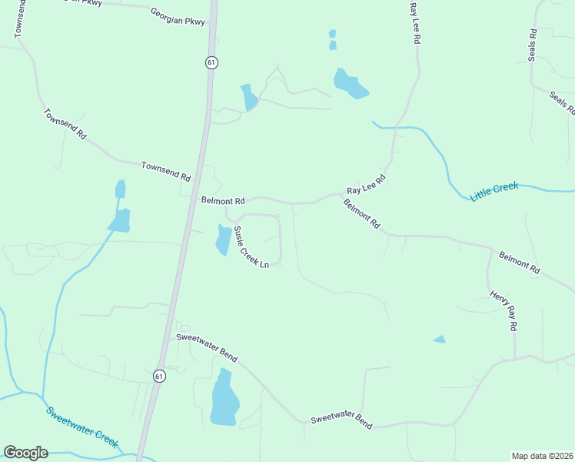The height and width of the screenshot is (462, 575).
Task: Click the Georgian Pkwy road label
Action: point(178,17)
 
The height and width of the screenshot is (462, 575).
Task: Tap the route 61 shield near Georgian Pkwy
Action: point(211,62)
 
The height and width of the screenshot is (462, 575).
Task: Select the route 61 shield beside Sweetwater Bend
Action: point(159,376)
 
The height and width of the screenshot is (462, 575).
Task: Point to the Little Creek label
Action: point(494,192)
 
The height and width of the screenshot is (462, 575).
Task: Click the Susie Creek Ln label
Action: point(251,247)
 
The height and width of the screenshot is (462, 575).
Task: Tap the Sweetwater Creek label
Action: point(81,427)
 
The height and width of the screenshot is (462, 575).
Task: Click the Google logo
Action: point(25,453)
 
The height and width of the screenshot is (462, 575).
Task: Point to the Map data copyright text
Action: point(542,455)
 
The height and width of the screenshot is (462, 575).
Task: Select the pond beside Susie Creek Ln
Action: point(223,239)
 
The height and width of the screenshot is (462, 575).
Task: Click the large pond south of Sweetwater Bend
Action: point(224,399)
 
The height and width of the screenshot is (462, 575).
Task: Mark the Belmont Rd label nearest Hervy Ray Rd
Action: point(520,263)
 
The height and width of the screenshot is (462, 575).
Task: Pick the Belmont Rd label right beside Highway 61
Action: point(222,200)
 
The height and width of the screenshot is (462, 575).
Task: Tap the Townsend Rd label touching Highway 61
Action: point(165,171)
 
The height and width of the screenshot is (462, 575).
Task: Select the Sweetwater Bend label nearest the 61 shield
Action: point(206,348)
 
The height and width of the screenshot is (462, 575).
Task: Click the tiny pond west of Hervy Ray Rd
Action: point(440,339)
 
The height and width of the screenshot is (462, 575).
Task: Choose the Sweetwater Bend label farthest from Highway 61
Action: point(341,420)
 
